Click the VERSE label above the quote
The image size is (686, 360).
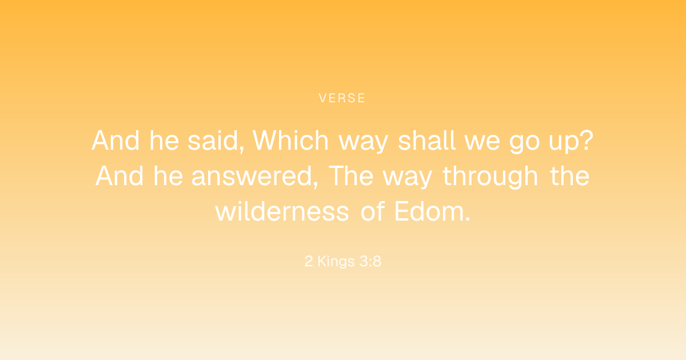[342, 98]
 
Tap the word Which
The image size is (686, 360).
[290, 141]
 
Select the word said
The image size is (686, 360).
[213, 141]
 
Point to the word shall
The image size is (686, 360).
[426, 141]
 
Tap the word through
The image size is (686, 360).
[490, 177]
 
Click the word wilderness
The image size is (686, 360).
[282, 211]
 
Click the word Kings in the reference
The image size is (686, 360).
[336, 262]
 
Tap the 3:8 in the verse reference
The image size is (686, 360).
[370, 261]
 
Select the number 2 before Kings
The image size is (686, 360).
[309, 261]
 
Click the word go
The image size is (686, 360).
[524, 142]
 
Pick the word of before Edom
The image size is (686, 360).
[372, 211]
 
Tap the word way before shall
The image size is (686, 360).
[363, 143]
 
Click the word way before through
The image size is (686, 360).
[407, 179]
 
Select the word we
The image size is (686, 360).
[482, 143]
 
